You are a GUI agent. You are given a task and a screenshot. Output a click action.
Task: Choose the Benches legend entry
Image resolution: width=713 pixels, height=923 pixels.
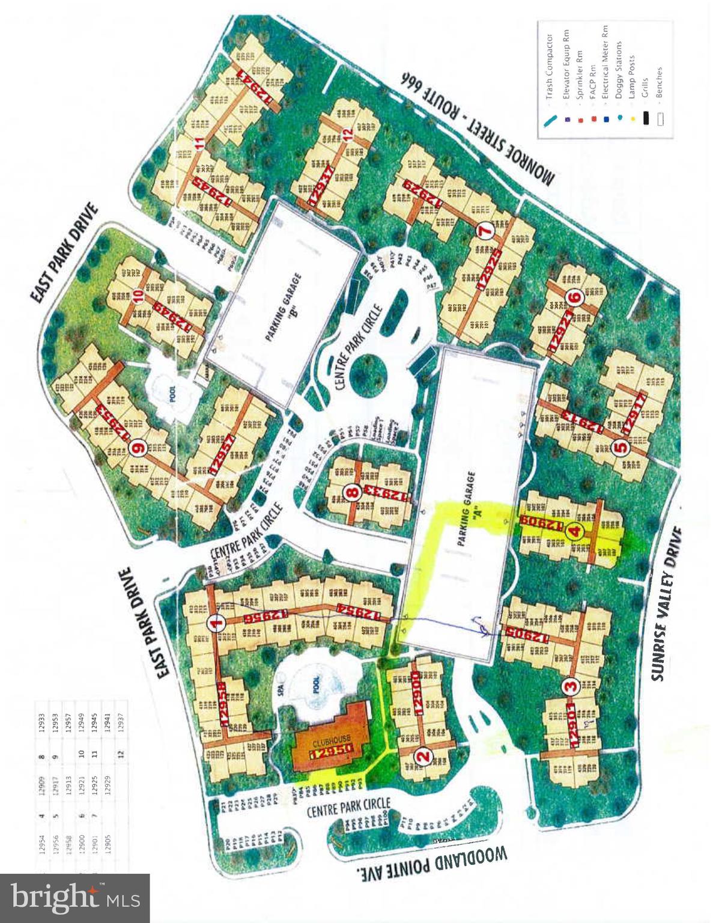point(660,96)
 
